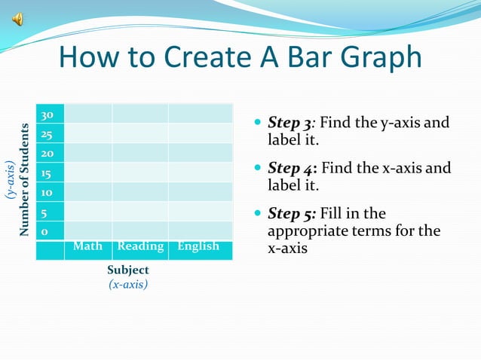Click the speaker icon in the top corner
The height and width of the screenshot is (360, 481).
(17, 20)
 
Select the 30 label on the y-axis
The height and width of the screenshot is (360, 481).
(47, 115)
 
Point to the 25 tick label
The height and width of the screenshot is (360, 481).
(47, 135)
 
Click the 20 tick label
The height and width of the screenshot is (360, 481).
(47, 154)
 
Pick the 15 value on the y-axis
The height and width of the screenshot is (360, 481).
(47, 173)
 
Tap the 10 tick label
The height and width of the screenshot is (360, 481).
(47, 193)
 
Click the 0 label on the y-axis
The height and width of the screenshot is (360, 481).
(44, 232)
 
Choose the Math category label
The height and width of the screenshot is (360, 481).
(87, 246)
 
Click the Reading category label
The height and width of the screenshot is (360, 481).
(140, 246)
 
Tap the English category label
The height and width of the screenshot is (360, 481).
(198, 246)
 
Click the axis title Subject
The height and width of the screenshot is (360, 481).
(128, 270)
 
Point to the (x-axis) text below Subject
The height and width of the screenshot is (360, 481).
(128, 284)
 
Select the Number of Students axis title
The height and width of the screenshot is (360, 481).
(24, 179)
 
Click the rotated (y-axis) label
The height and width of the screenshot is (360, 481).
(10, 179)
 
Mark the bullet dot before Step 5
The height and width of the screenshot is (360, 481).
(259, 215)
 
